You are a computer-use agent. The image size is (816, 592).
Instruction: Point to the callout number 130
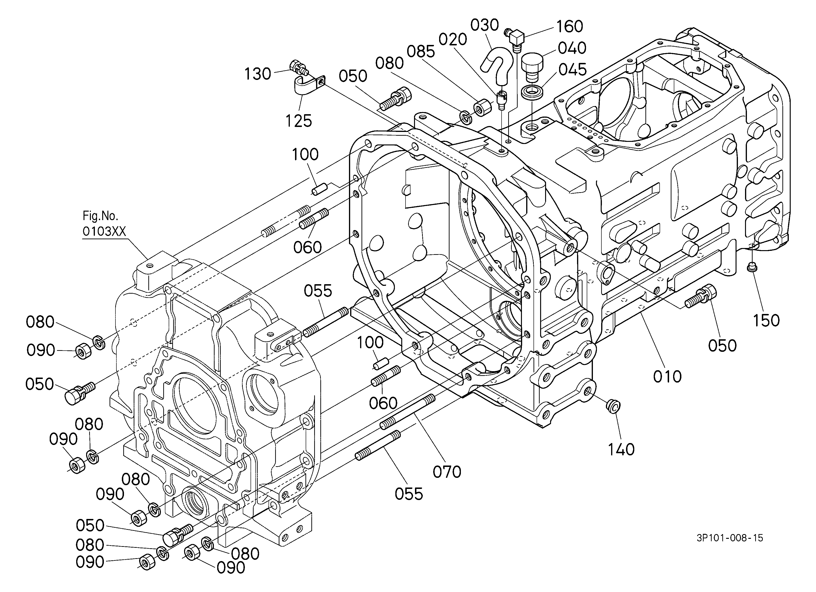(x=258, y=74)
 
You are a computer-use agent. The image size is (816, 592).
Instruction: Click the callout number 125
(x=299, y=121)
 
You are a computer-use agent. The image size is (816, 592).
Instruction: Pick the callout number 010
(x=667, y=376)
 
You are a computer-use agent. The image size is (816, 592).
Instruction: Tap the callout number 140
(x=621, y=449)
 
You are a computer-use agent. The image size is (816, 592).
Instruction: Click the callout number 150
(x=766, y=320)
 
